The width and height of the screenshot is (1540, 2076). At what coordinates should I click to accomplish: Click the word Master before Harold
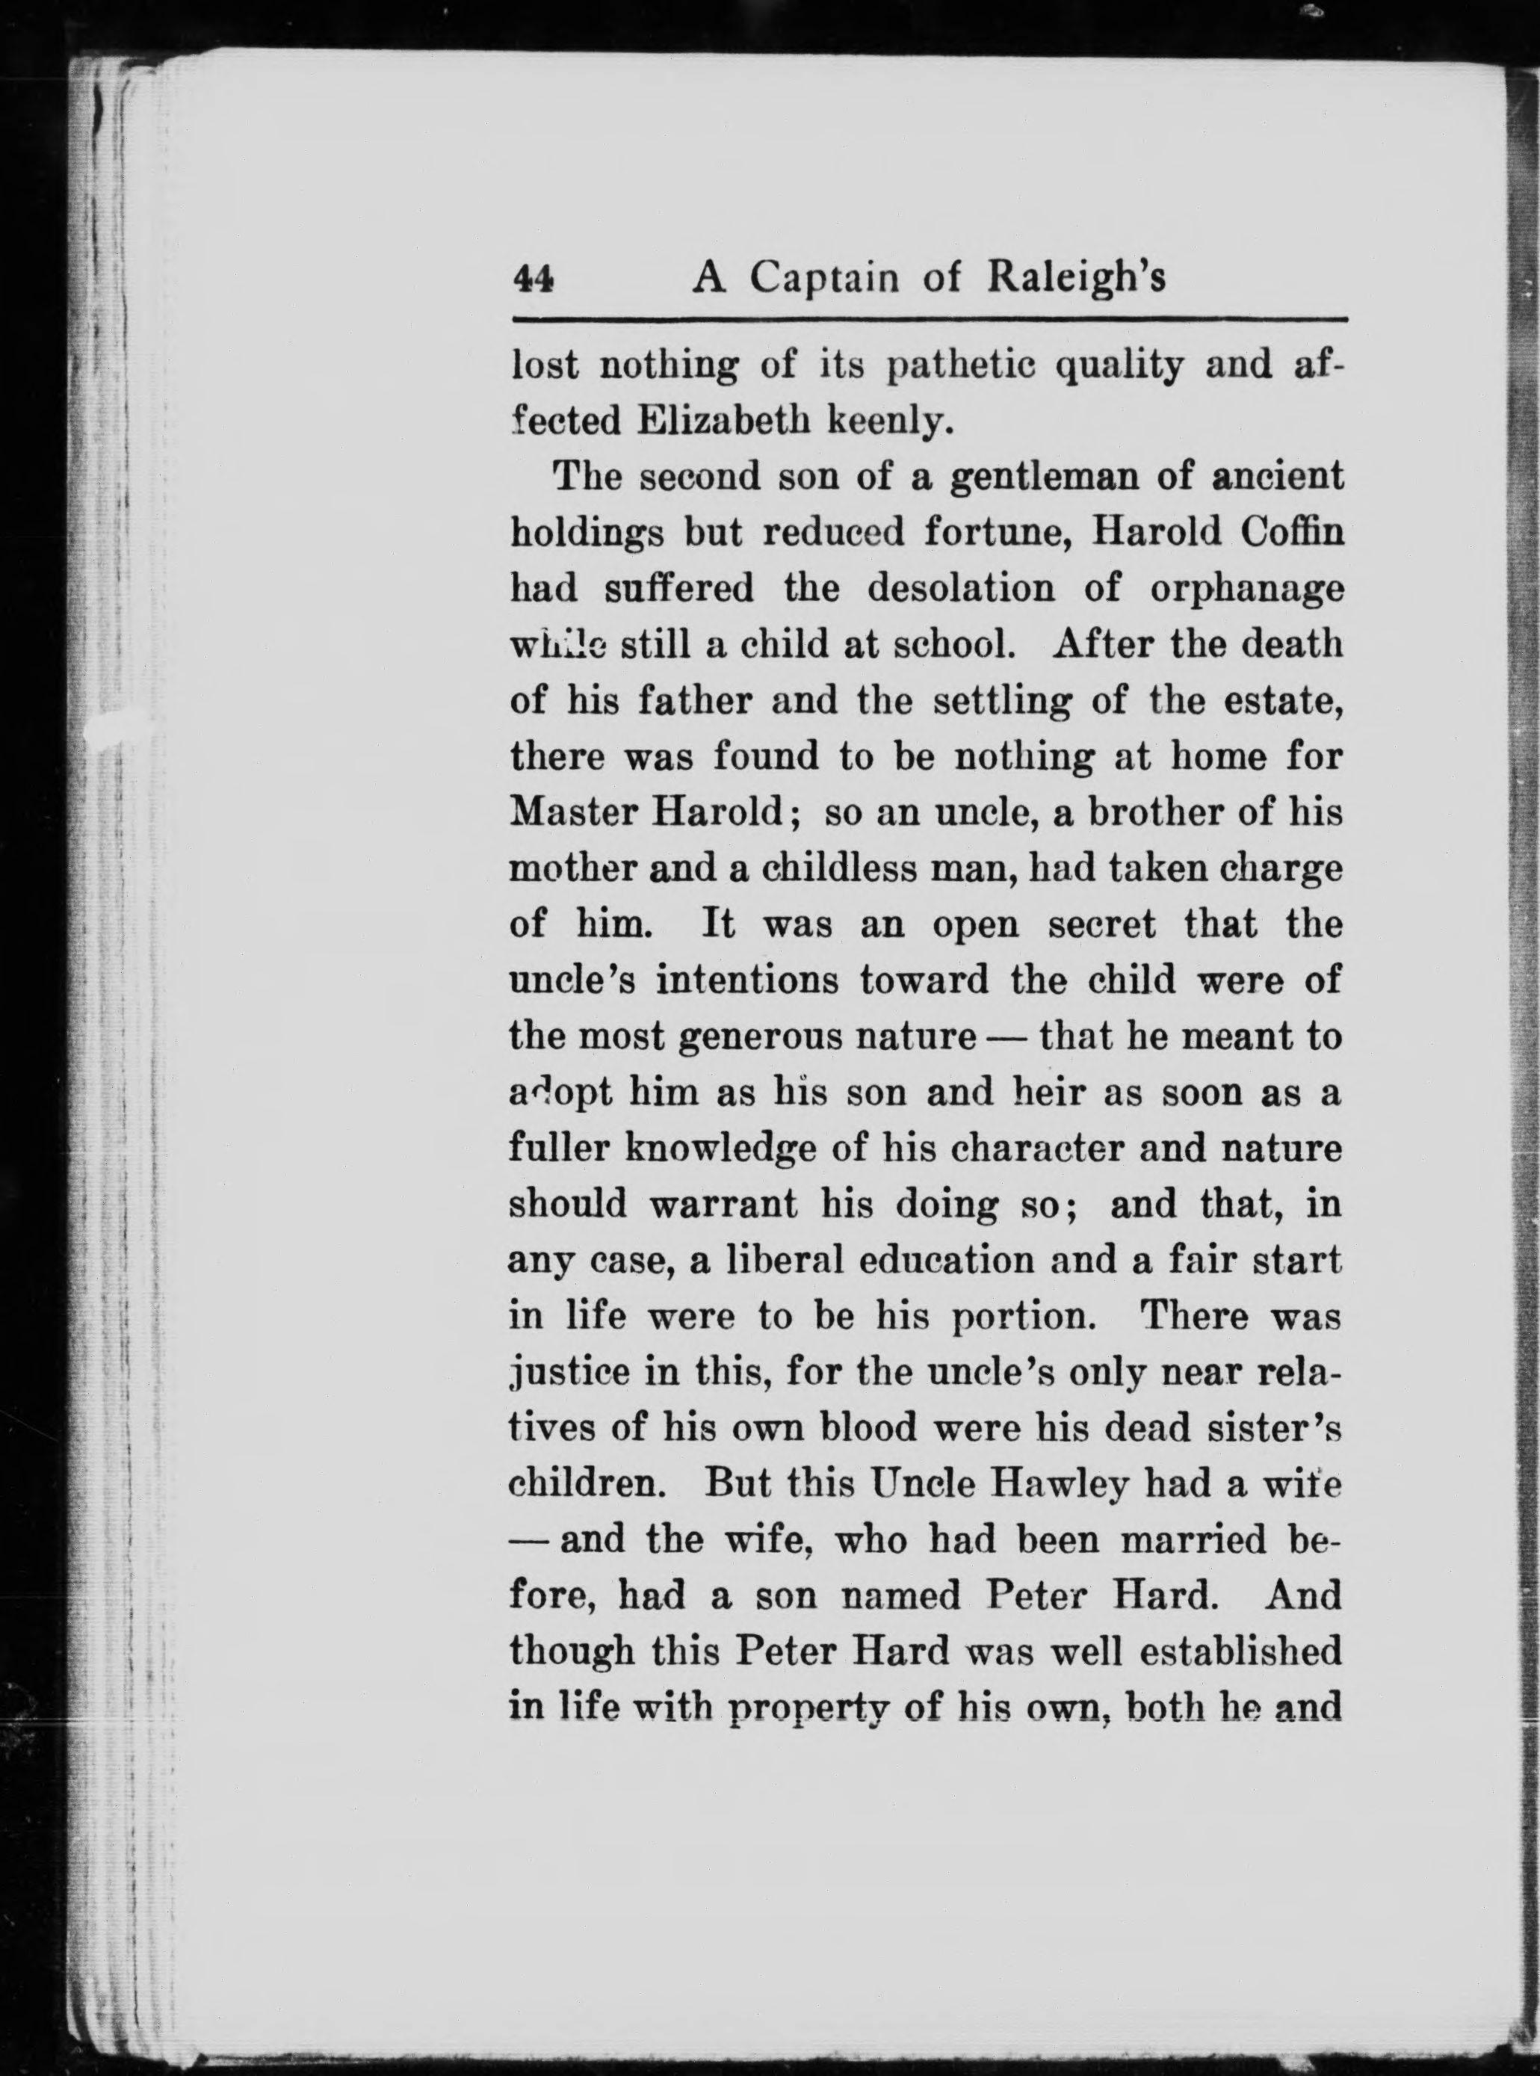coord(571,812)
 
